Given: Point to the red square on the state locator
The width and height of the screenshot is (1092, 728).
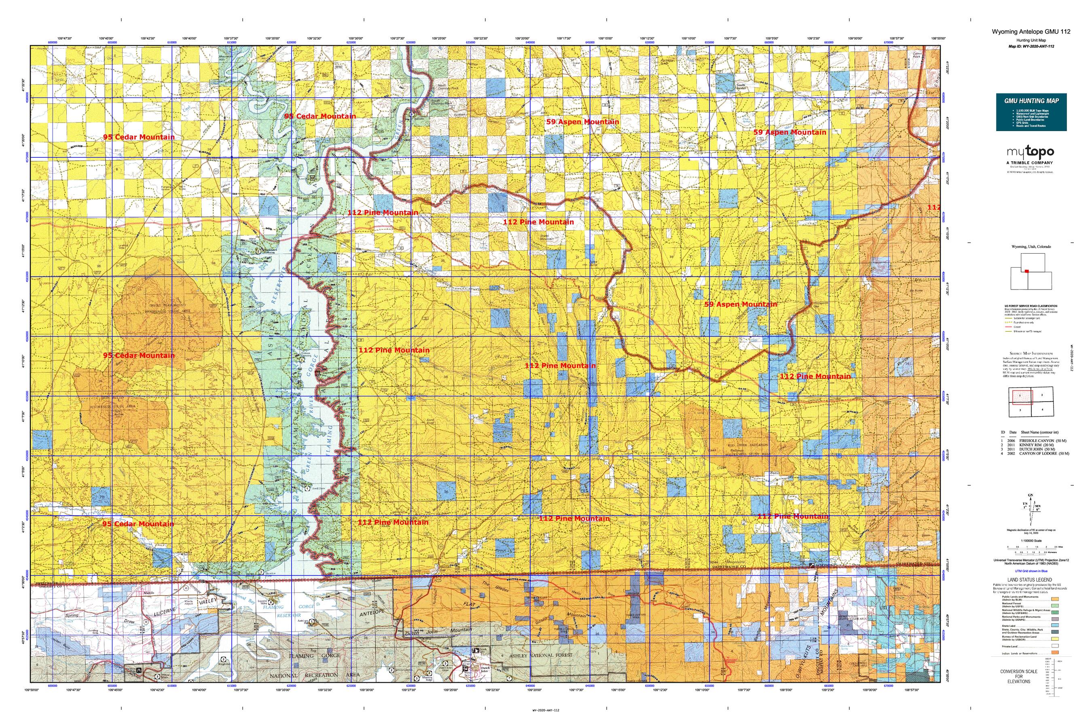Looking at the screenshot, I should click(1027, 271).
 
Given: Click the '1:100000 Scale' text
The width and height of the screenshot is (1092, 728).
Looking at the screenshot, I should click(1031, 541).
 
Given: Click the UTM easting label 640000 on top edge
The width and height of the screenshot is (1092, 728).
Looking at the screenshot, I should click(530, 42).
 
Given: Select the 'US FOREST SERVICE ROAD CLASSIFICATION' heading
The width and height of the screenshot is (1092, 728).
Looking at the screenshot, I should click(1030, 306).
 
